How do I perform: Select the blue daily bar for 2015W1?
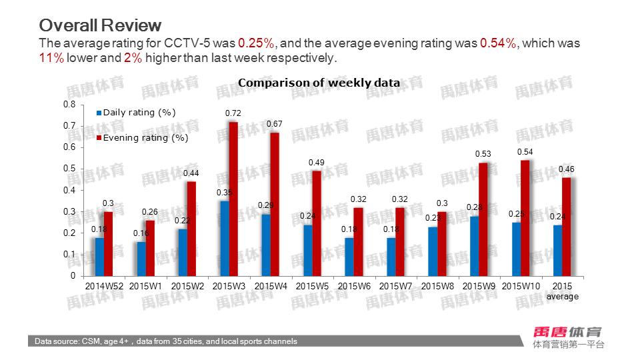pyautogui.click(x=141, y=259)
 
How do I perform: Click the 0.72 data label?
pyautogui.click(x=233, y=113)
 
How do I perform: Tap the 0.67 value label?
pyautogui.click(x=275, y=124)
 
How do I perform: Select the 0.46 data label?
pyautogui.click(x=566, y=169)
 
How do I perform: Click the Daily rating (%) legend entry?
pyautogui.click(x=139, y=113)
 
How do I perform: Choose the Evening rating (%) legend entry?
pyautogui.click(x=143, y=138)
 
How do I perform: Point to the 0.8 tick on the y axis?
pyautogui.click(x=69, y=105)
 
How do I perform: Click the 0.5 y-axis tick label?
pyautogui.click(x=69, y=169)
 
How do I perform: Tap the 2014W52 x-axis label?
pyautogui.click(x=105, y=285)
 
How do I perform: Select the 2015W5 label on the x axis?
pyautogui.click(x=312, y=285)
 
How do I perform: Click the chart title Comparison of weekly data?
pyautogui.click(x=319, y=83)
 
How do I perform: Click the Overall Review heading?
pyautogui.click(x=100, y=25)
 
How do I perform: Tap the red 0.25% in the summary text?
pyautogui.click(x=256, y=43)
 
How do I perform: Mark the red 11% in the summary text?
pyautogui.click(x=51, y=58)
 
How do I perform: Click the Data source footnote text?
pyautogui.click(x=166, y=341)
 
